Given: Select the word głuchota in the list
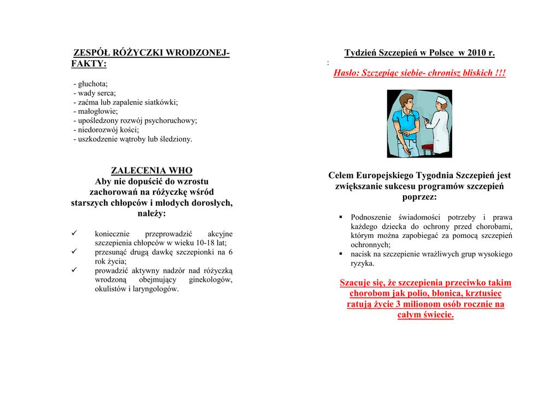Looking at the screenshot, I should point(93,84).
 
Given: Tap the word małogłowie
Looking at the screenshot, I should point(97,111).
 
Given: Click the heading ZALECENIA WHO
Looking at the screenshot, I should point(151,171).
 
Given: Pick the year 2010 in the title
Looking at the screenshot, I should point(476,53).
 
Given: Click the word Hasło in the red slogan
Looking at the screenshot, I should point(346,73).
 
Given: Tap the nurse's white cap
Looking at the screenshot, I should point(441,100).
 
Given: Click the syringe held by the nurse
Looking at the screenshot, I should point(425,119).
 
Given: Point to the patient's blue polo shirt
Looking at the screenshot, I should point(406,123).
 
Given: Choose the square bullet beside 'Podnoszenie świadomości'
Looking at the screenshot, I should point(340,218).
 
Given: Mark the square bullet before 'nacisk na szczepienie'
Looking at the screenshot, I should point(340,254).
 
